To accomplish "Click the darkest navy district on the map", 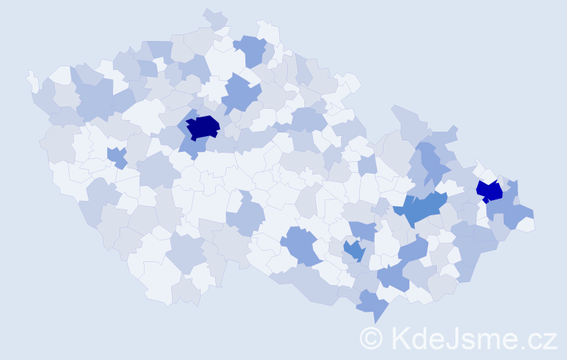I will click(202, 127).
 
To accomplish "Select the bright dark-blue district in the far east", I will click(489, 191).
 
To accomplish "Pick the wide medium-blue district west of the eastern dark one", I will click(422, 209).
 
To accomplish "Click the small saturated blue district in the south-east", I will click(353, 250).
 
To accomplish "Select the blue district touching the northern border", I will click(250, 50).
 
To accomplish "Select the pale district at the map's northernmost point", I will click(214, 17).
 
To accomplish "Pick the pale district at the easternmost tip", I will click(527, 224).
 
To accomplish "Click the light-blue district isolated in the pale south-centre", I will click(245, 217).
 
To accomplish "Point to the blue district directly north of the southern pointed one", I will click(392, 276).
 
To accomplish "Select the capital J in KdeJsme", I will click(458, 338).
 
